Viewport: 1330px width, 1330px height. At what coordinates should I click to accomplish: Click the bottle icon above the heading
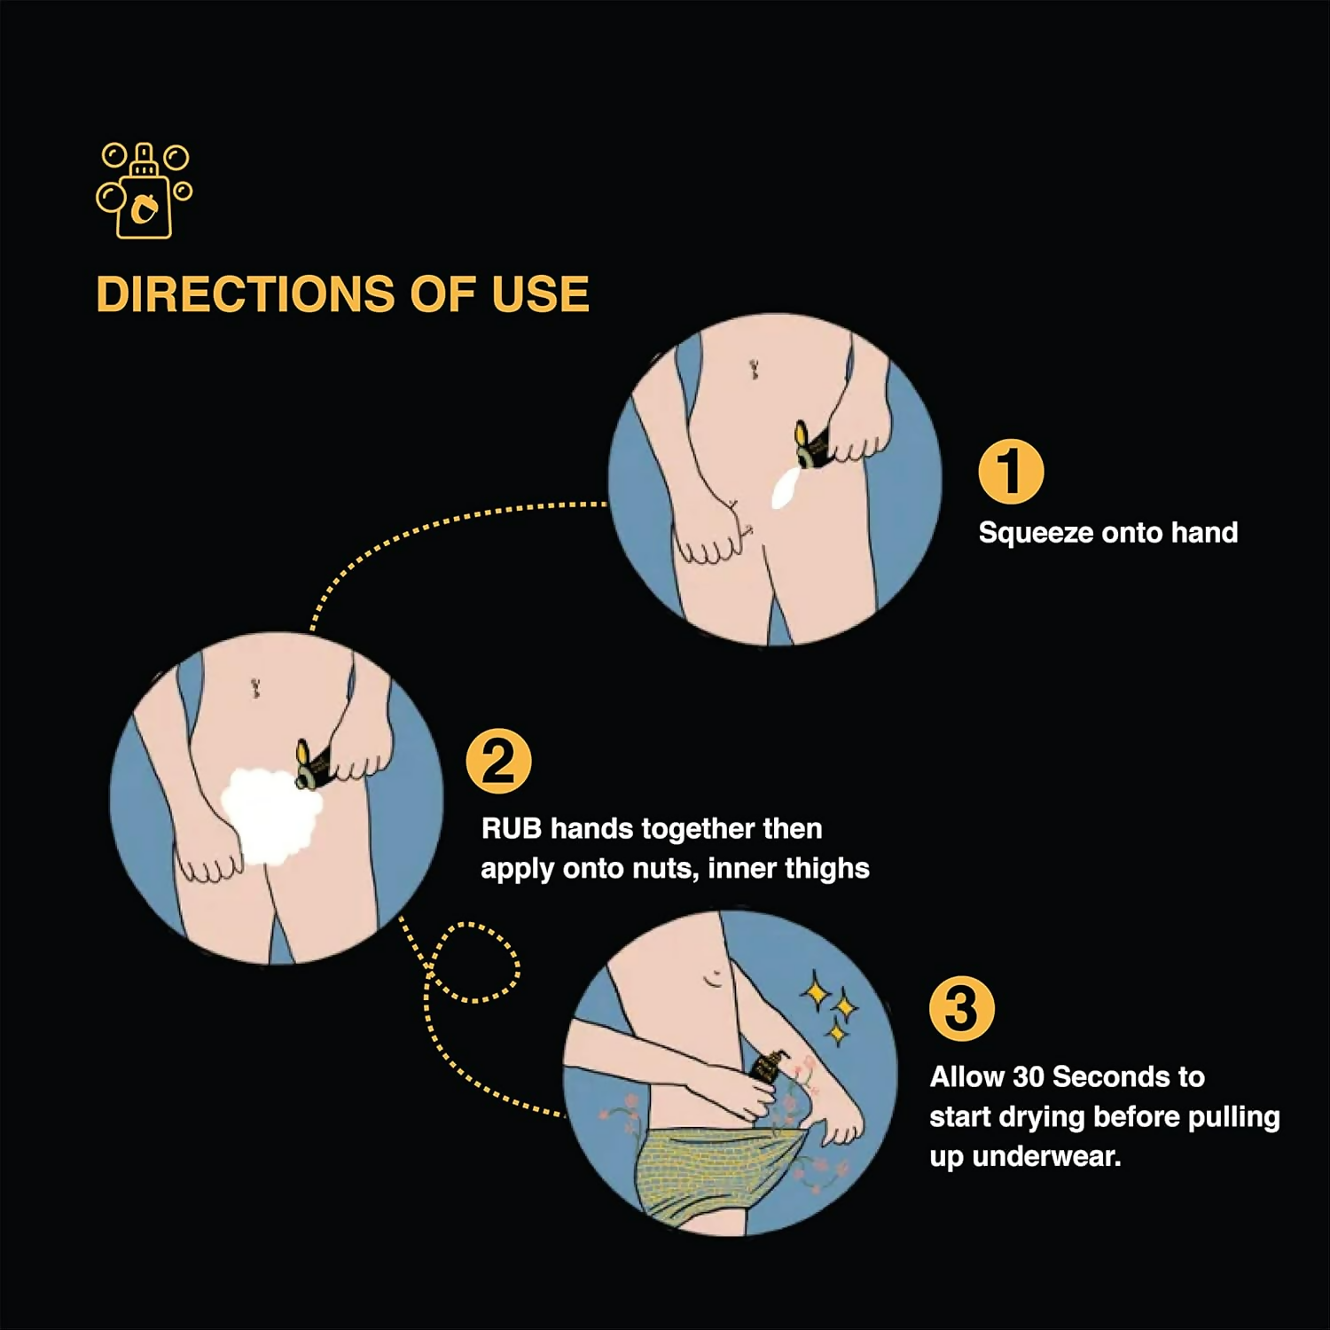click(144, 191)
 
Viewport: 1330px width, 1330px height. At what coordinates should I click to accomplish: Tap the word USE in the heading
click(540, 294)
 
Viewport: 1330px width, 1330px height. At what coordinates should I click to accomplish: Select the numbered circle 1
click(1011, 472)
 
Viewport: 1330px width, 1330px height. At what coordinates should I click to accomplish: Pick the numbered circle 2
click(498, 761)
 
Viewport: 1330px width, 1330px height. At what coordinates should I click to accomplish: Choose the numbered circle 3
click(962, 1009)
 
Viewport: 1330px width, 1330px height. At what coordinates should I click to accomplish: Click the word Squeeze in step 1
click(1036, 534)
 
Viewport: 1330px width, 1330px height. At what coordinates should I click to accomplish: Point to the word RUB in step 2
click(511, 829)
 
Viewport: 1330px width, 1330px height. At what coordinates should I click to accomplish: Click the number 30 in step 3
click(1029, 1077)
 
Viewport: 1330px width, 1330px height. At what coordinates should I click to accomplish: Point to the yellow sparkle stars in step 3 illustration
click(832, 1008)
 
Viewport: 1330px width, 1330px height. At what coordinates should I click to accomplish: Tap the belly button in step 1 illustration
click(754, 369)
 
